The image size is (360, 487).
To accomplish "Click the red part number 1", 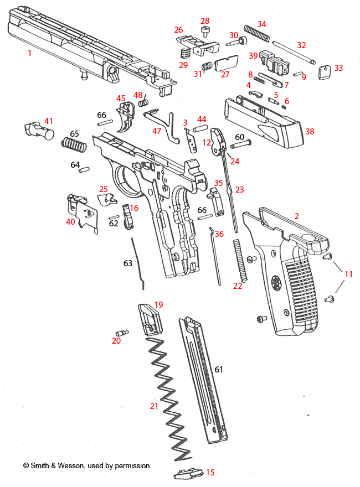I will (29, 53).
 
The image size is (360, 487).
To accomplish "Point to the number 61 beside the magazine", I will (219, 369).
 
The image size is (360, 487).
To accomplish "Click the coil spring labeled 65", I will (74, 146).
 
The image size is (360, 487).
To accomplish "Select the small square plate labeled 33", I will (325, 71).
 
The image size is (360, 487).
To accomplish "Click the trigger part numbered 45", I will (127, 117).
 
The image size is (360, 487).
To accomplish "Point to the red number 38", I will (310, 132).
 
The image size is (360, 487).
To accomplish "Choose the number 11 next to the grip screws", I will (348, 274).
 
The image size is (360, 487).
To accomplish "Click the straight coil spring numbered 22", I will (239, 260).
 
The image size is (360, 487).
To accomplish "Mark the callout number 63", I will (128, 263).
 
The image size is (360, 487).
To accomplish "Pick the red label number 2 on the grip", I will (296, 216).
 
